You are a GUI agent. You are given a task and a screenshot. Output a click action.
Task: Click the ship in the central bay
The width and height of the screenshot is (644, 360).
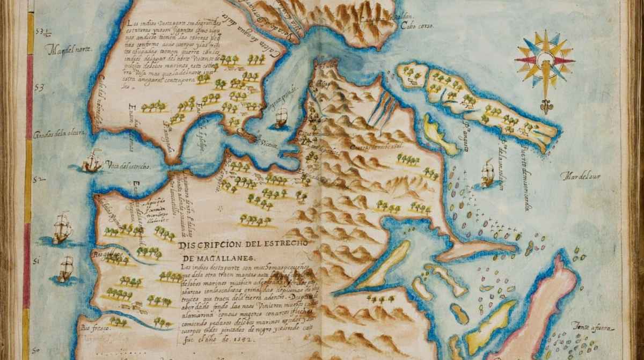281,117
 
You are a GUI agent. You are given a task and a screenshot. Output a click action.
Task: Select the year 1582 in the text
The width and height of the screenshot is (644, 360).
251,324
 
